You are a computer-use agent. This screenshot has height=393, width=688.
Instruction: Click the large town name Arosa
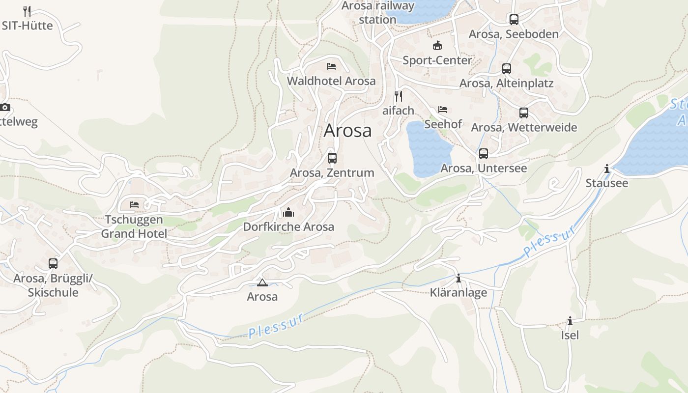(x=347, y=131)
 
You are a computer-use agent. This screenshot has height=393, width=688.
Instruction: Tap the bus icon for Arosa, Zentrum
(x=332, y=158)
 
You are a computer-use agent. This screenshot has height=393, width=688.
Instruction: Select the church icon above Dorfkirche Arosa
(x=288, y=212)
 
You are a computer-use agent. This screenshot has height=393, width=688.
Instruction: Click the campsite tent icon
(x=262, y=282)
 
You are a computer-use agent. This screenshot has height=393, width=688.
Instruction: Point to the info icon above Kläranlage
(x=459, y=279)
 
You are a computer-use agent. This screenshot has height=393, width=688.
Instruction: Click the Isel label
(x=570, y=335)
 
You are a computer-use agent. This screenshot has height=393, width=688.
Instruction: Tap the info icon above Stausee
(x=607, y=169)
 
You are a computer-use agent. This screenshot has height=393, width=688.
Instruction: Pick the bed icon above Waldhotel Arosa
(x=331, y=66)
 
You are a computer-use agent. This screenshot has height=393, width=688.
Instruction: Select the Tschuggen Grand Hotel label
(x=134, y=226)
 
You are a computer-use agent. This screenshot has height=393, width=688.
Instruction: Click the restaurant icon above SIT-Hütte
(x=27, y=11)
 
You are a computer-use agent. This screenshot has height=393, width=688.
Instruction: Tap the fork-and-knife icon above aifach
(x=399, y=96)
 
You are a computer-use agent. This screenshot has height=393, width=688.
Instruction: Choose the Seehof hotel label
(x=443, y=124)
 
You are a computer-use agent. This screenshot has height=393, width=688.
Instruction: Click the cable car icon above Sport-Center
(x=437, y=46)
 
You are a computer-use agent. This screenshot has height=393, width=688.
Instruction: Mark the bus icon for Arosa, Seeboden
(x=514, y=20)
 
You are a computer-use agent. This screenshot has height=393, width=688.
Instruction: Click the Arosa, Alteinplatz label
(x=506, y=84)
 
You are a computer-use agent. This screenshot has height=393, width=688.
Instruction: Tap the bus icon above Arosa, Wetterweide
(x=524, y=113)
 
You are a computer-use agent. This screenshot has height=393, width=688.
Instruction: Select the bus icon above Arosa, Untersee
(x=484, y=154)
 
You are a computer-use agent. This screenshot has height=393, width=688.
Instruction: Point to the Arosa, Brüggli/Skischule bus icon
(x=53, y=264)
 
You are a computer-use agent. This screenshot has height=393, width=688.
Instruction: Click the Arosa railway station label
(x=377, y=13)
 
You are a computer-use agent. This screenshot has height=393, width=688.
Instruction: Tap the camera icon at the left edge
(x=5, y=107)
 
